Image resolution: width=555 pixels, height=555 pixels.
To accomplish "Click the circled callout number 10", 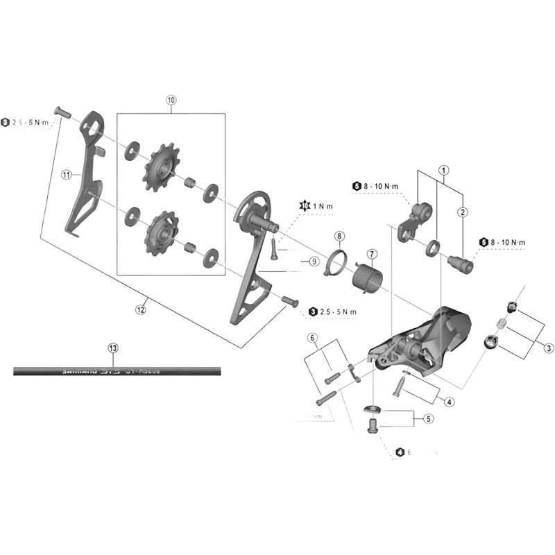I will coord(171,100).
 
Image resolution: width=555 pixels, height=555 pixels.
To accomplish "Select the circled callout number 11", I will coord(67,176).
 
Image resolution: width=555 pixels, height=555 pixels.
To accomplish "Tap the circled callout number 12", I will coord(142,310).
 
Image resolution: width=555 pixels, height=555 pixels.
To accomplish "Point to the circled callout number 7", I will coord(371,254).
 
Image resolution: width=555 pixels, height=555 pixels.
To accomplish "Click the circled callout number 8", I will coord(339,237).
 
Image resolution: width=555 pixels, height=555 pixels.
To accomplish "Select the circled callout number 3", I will coord(548,348).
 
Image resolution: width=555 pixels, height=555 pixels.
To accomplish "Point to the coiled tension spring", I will coord(366,279).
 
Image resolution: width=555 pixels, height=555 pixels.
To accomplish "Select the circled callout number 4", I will coord(450,402).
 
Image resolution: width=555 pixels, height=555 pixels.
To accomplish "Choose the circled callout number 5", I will coord(428,418).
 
